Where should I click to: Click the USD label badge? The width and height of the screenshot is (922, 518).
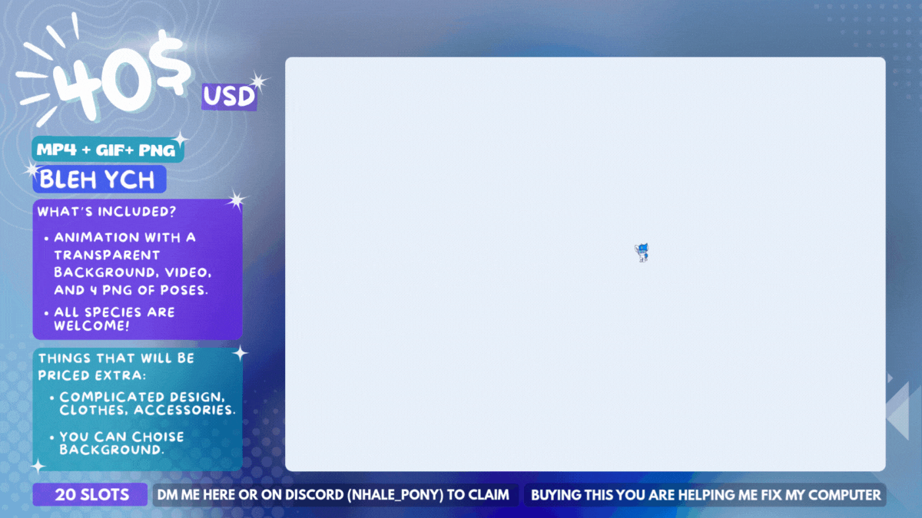230,97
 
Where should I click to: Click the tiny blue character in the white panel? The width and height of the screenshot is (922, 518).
642,252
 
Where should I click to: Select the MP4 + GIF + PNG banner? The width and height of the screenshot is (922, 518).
108,150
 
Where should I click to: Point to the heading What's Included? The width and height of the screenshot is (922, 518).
107,211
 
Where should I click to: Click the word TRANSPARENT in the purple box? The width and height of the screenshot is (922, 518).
107,256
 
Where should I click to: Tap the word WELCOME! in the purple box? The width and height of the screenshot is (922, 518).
91,325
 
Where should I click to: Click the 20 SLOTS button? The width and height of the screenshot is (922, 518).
90,494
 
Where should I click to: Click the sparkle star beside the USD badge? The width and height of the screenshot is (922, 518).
258,81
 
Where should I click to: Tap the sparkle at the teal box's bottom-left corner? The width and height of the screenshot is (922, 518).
38,467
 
